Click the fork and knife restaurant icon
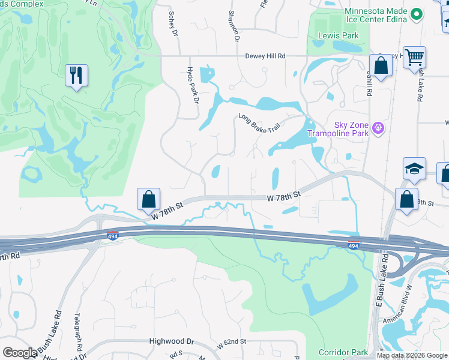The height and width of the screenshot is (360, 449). tap(76, 76)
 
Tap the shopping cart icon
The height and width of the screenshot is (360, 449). tap(414, 58)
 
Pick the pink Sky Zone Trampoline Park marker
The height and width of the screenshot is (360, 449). tap(378, 127)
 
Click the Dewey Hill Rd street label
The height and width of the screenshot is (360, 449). tap(265, 56)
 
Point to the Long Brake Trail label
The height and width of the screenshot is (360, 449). tap(259, 124)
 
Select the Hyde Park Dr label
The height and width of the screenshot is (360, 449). tap(193, 85)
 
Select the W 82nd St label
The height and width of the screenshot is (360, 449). tap(232, 341)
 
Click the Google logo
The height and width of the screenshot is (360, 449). tap(20, 353)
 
